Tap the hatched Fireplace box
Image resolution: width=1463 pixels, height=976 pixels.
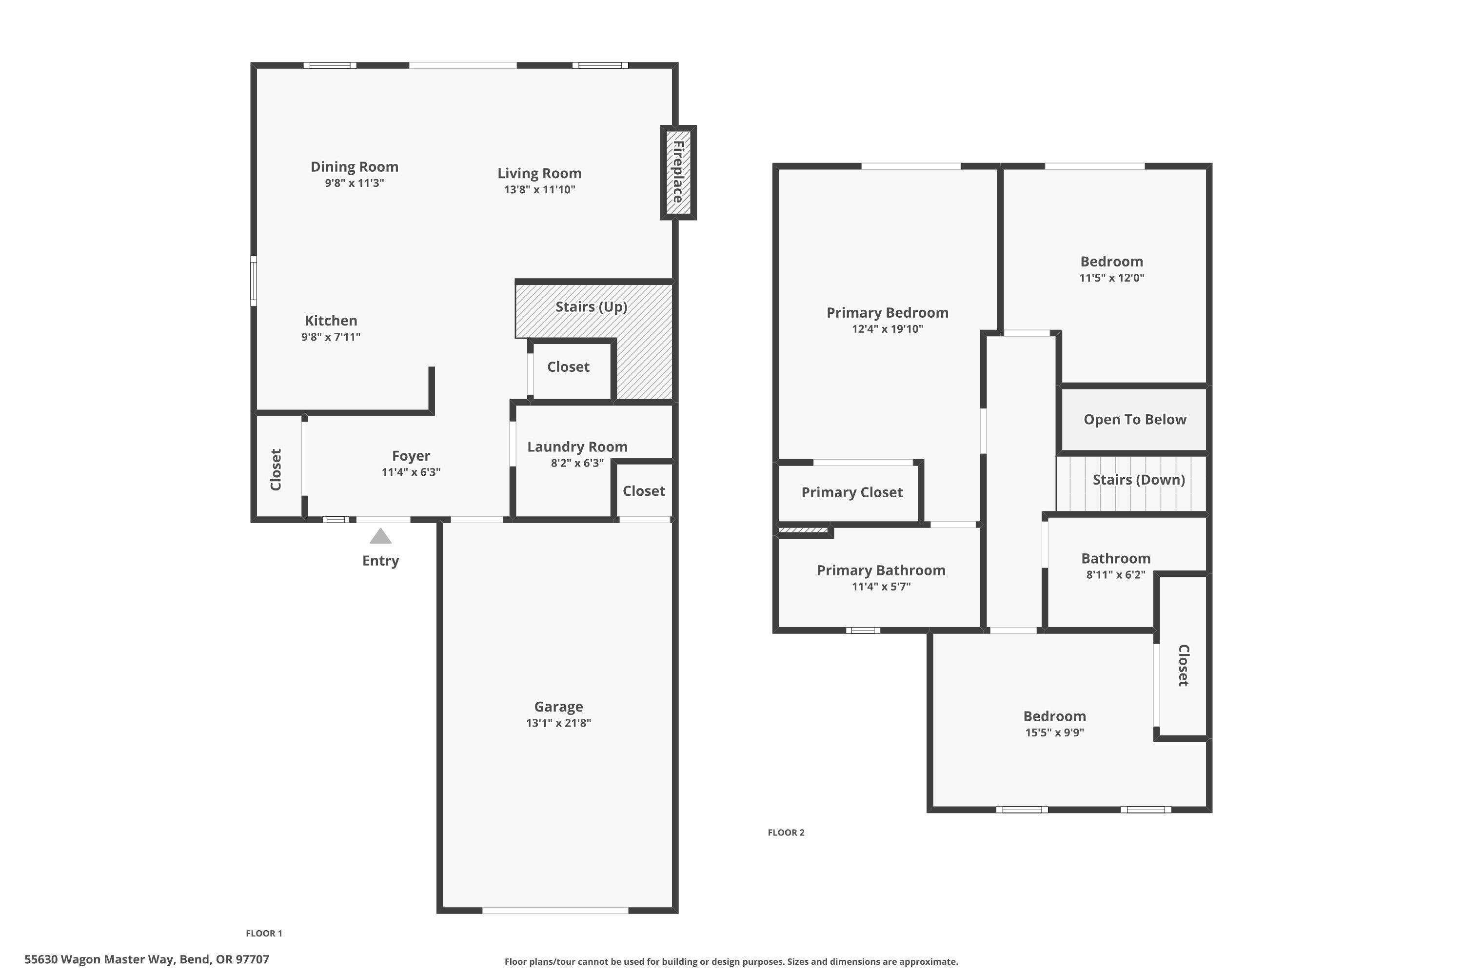pos(678,172)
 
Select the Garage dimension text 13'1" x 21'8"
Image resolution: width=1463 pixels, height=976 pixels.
pos(558,723)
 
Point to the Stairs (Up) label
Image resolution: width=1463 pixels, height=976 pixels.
pos(591,306)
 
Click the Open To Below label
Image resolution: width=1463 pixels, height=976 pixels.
pos(1135,420)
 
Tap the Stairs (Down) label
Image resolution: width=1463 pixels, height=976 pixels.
pos(1138,479)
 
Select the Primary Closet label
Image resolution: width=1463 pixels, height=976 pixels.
pos(851,492)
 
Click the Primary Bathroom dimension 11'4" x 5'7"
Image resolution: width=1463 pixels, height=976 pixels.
pos(881,587)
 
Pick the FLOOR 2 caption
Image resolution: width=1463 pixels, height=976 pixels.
pos(786,832)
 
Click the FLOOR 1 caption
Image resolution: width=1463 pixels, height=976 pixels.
pos(264,933)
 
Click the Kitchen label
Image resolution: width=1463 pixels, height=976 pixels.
pos(331,321)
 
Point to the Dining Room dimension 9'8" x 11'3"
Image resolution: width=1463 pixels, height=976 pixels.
pos(354,183)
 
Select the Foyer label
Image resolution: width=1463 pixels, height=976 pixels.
pos(411,456)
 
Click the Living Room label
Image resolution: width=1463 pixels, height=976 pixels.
pos(539,173)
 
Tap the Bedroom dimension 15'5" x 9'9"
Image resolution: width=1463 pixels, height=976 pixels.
pos(1054,732)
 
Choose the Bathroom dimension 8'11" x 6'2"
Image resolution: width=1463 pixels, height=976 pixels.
pos(1115,574)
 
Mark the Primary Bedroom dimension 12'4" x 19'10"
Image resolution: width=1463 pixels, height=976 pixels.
pos(887,328)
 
